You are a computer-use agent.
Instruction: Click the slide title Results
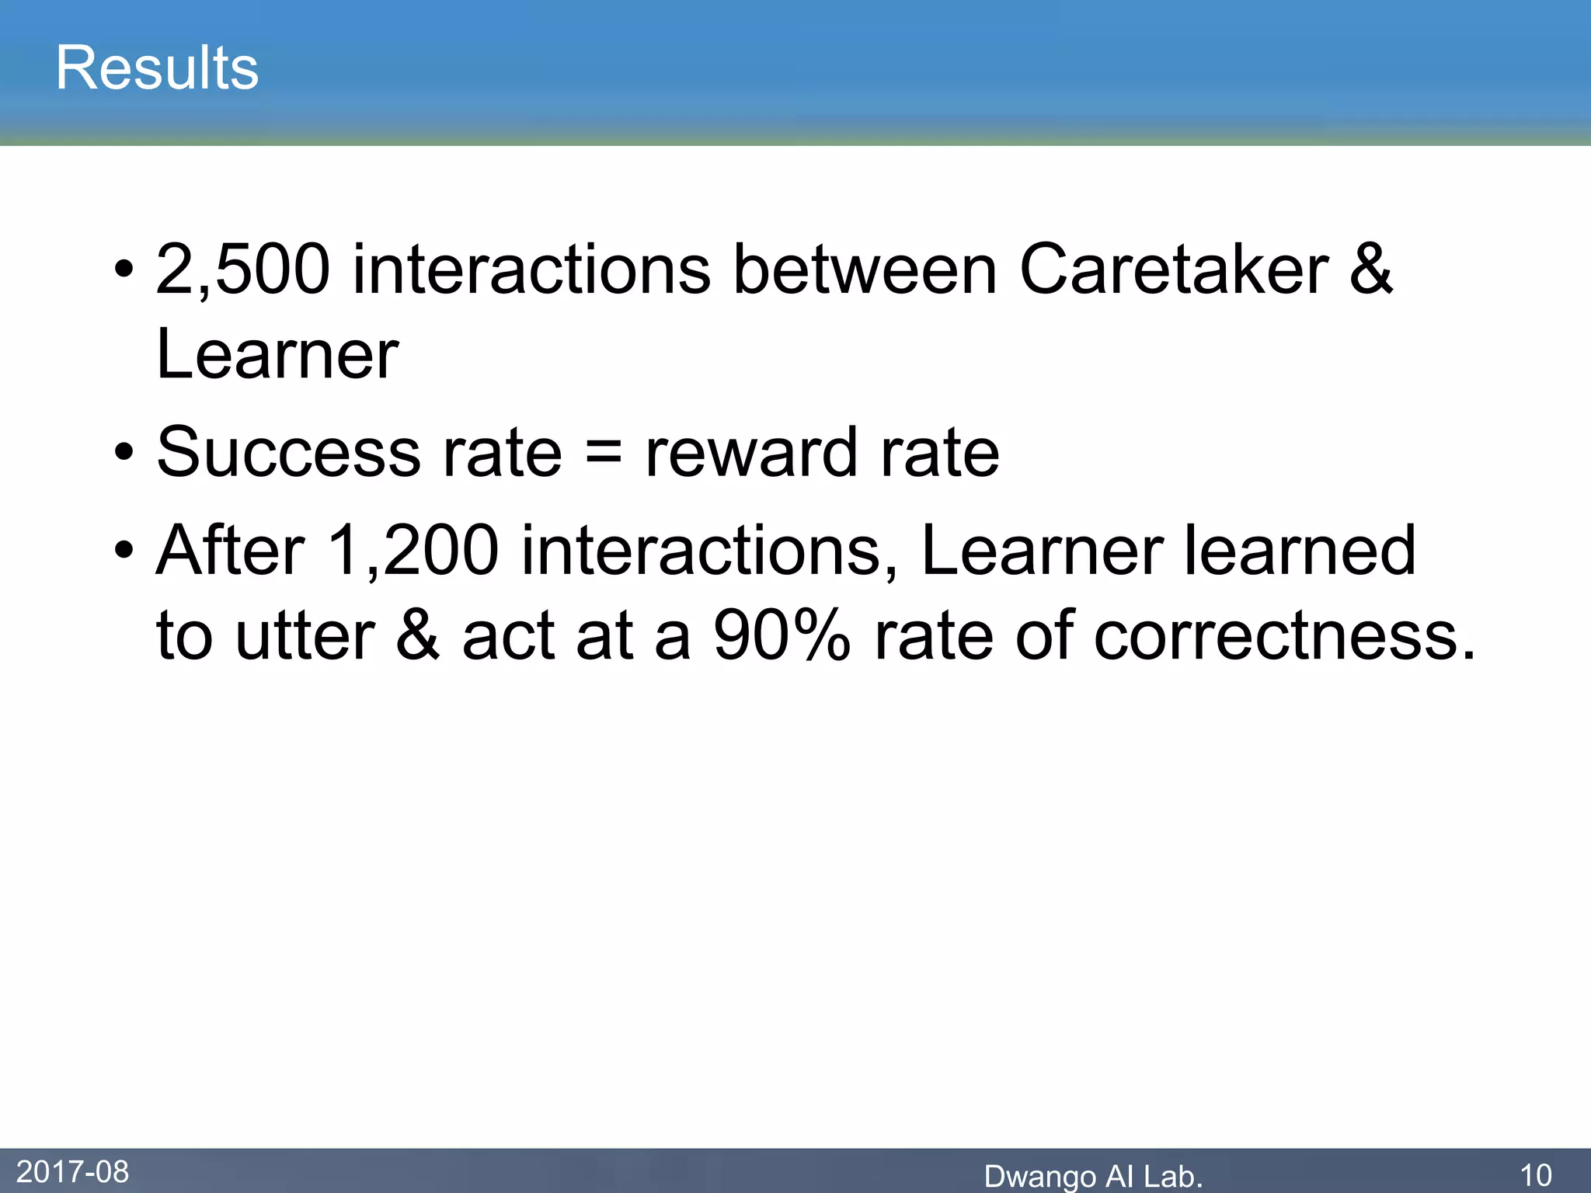(x=157, y=68)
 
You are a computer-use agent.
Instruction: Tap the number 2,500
(x=242, y=270)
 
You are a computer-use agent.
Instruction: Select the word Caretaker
(x=1174, y=270)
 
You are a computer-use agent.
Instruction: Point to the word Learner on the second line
(x=277, y=355)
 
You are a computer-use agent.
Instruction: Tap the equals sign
(x=604, y=453)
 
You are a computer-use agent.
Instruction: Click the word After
(x=231, y=551)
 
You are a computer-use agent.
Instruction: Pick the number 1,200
(x=413, y=551)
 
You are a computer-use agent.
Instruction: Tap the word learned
(x=1300, y=551)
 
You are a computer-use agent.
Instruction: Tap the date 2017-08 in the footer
(x=72, y=1172)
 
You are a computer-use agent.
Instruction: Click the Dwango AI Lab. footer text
(x=1093, y=1177)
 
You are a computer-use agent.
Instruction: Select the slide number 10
(x=1535, y=1175)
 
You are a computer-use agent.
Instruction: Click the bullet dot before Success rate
(x=124, y=453)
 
